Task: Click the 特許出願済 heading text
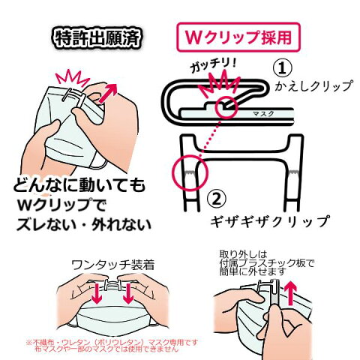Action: (97, 38)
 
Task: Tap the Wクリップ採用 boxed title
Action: (238, 37)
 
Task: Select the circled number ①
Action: (282, 68)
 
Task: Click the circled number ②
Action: (217, 199)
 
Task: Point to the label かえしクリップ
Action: (314, 86)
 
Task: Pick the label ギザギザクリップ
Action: (270, 221)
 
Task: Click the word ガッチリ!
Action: (212, 65)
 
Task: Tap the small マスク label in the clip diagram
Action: (263, 114)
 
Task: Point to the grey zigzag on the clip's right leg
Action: (295, 172)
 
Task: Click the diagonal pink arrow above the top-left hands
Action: (108, 93)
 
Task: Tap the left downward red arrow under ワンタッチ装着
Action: (97, 293)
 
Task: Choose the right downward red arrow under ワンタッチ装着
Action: (128, 293)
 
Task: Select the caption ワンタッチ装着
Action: (113, 265)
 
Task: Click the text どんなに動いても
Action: (79, 185)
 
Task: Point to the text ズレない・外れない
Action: (84, 224)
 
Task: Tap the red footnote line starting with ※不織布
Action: (112, 342)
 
